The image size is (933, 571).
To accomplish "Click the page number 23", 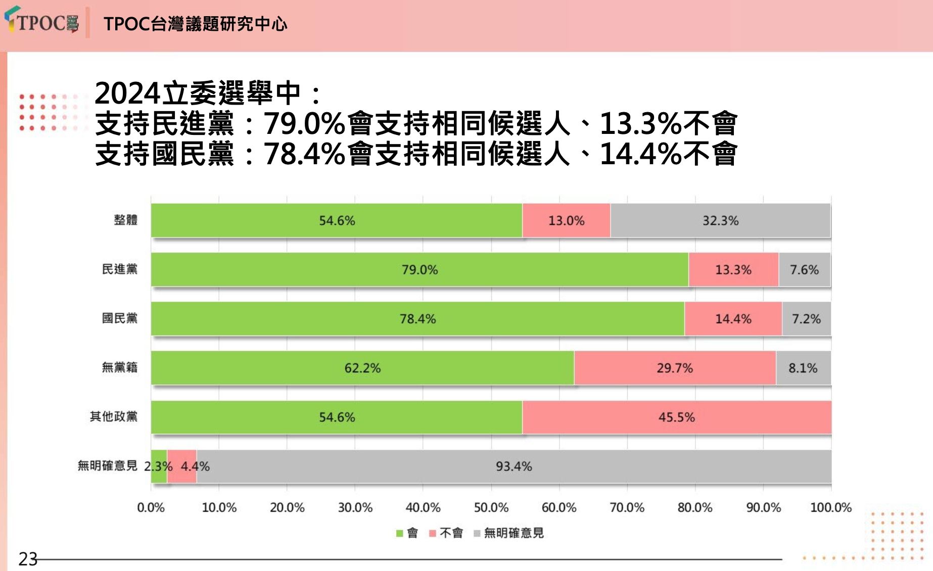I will tap(28, 559).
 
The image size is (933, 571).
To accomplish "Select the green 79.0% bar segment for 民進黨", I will tap(419, 269).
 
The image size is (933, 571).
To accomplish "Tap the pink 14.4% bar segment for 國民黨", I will tap(733, 319).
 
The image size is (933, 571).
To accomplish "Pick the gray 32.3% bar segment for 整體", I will tap(720, 220).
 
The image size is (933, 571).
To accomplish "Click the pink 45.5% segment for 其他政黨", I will tap(676, 417).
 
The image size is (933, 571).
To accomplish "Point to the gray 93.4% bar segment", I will tap(514, 466).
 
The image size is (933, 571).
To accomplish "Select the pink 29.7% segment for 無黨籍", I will tap(674, 368).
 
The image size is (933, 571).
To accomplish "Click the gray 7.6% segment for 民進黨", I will tap(804, 269).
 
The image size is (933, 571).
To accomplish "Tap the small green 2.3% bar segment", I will tap(159, 466).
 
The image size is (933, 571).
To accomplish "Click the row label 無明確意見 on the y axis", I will tap(107, 465).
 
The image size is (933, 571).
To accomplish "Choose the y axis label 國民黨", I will tap(119, 318).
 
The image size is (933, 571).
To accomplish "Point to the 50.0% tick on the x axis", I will tap(491, 507).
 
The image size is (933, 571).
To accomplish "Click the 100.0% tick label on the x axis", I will tap(830, 507).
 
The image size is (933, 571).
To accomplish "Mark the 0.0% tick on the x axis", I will tap(151, 507).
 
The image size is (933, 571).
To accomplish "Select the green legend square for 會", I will tap(399, 533).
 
